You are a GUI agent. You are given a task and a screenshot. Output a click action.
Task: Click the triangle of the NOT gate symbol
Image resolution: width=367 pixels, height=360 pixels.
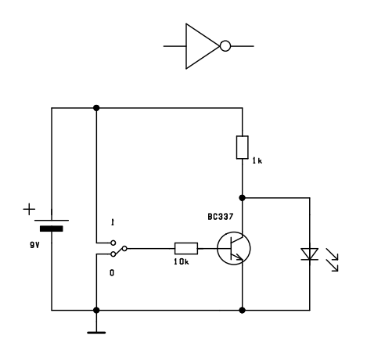(186, 46)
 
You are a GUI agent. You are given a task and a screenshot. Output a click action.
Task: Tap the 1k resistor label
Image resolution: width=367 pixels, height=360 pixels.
(257, 161)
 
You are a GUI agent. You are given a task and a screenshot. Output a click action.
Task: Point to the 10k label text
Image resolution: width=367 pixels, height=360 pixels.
(182, 261)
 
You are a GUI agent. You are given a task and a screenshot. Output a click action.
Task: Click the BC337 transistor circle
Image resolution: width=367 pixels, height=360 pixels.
(218, 248)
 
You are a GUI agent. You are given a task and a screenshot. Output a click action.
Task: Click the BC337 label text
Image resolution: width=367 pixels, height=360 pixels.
(221, 217)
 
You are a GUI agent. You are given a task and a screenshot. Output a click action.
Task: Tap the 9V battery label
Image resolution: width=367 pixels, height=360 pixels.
(34, 245)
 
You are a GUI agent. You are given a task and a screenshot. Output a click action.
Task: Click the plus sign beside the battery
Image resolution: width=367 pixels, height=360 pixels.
(29, 210)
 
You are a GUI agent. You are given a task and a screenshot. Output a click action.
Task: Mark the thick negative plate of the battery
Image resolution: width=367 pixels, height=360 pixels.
(52, 229)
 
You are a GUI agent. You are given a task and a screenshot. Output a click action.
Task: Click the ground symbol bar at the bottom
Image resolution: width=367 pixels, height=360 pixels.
(96, 333)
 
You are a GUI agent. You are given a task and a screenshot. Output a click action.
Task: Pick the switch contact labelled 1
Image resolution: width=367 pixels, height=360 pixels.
(113, 243)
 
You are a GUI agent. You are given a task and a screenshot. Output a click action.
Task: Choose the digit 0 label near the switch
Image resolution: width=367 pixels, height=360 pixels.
(112, 272)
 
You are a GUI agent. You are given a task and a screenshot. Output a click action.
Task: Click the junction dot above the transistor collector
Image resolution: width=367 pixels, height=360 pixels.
(242, 198)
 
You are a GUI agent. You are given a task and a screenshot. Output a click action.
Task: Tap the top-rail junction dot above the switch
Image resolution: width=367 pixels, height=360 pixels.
(96, 108)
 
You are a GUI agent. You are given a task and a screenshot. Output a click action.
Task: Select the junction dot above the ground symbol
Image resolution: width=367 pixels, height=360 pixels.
(96, 310)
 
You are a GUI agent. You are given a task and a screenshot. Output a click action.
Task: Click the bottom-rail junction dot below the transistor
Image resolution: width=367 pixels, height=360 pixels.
(242, 310)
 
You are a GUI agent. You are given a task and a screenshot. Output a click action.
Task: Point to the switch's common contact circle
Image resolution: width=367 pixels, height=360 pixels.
(124, 248)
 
